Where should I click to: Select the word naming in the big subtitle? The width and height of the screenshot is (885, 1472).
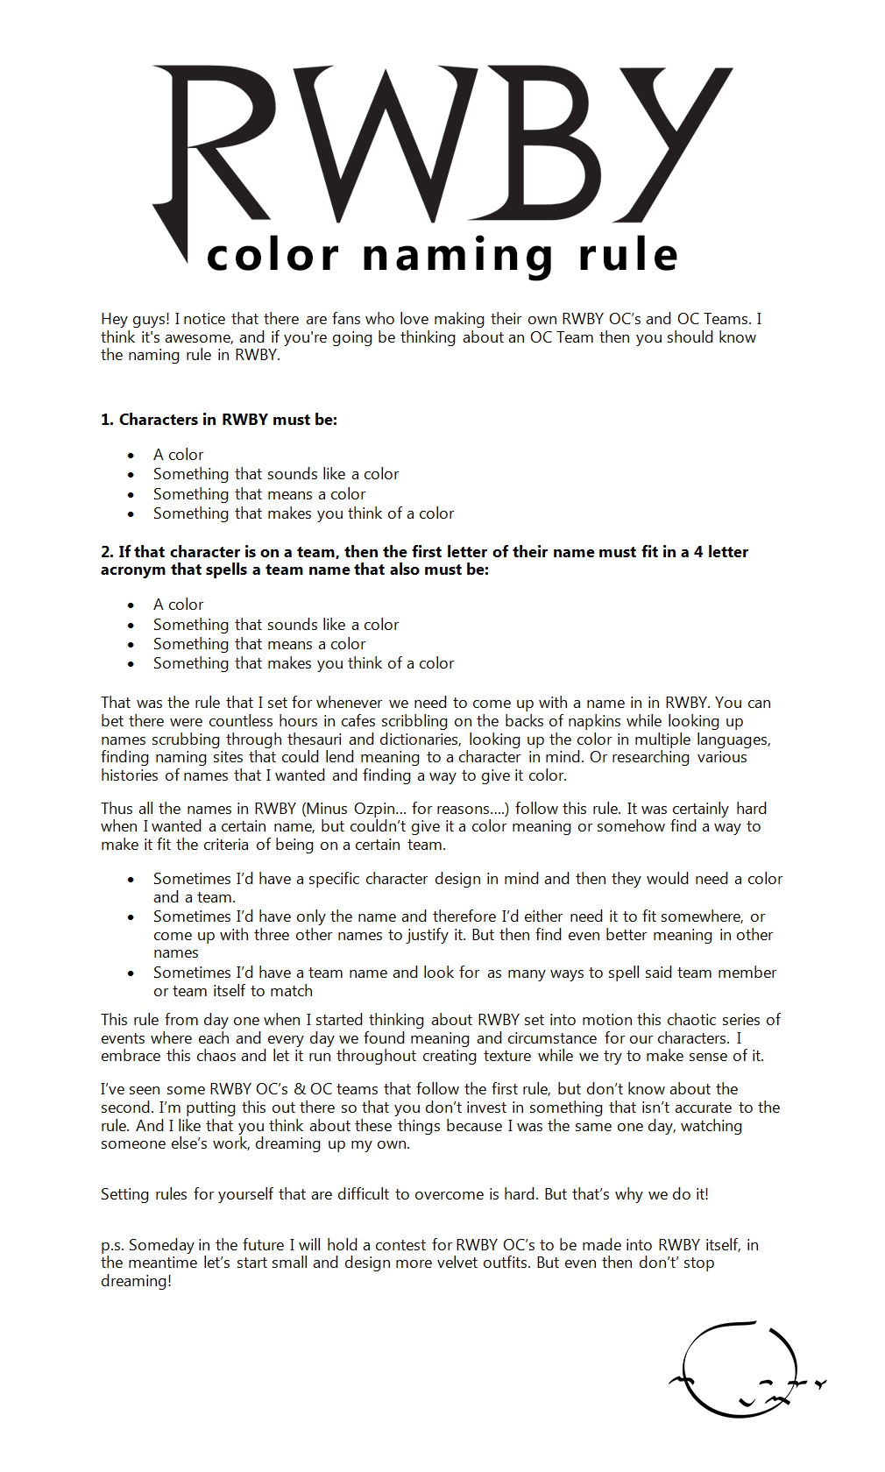pyautogui.click(x=457, y=256)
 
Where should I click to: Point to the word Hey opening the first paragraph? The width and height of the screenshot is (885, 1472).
pyautogui.click(x=115, y=319)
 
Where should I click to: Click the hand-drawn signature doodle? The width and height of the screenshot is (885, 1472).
pyautogui.click(x=745, y=1369)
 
